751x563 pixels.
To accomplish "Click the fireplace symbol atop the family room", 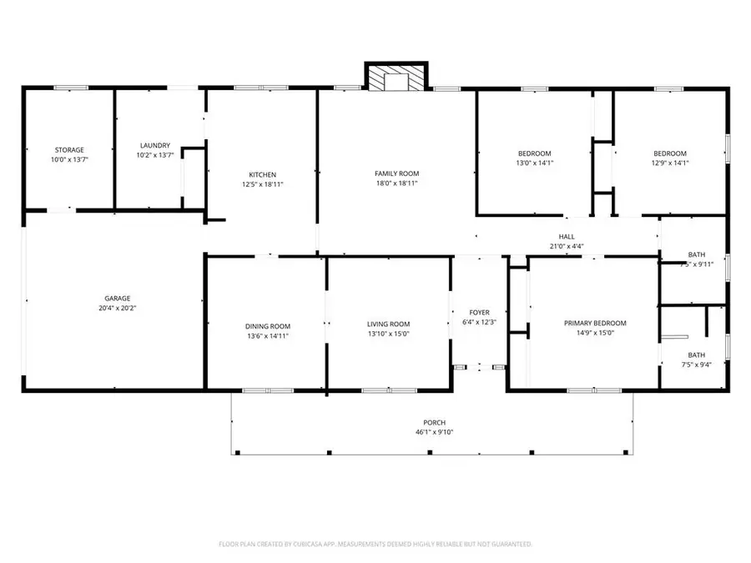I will pyautogui.click(x=396, y=77).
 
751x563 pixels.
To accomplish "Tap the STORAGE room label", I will pyautogui.click(x=69, y=150).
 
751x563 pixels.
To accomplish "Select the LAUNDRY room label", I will pyautogui.click(x=155, y=144).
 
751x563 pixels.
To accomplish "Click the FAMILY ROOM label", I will pyautogui.click(x=396, y=173).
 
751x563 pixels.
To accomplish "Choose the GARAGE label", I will pyautogui.click(x=117, y=298).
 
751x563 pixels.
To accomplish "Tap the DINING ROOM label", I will pyautogui.click(x=267, y=325).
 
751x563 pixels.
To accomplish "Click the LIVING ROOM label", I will pyautogui.click(x=388, y=324).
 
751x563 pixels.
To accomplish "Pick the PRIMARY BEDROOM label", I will pyautogui.click(x=595, y=323).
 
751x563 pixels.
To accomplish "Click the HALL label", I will pyautogui.click(x=567, y=237).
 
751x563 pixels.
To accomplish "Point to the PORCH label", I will pyautogui.click(x=434, y=423).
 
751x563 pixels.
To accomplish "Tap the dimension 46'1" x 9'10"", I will pyautogui.click(x=434, y=432).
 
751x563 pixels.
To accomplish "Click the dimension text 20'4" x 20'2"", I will pyautogui.click(x=117, y=308).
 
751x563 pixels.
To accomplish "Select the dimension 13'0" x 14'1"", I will pyautogui.click(x=535, y=163).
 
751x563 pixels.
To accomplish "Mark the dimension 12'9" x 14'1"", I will pyautogui.click(x=669, y=163).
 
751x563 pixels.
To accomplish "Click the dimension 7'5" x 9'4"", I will pyautogui.click(x=696, y=364).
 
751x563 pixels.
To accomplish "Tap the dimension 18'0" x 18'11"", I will pyautogui.click(x=396, y=183).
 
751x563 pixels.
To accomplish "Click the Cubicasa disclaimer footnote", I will pyautogui.click(x=375, y=544).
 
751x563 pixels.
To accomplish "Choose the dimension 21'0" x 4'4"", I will pyautogui.click(x=567, y=247).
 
